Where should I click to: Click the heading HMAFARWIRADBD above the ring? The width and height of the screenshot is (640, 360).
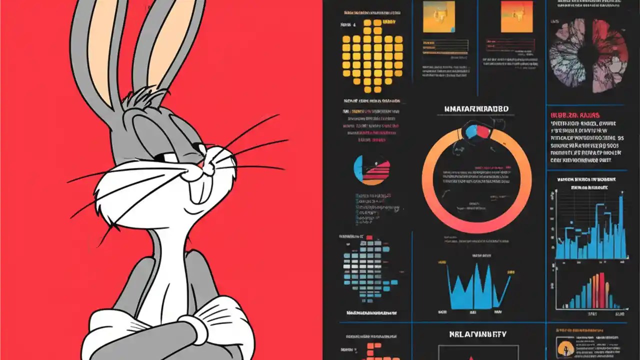pos(476,108)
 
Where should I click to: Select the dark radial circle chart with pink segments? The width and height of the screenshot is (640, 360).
pos(588,55)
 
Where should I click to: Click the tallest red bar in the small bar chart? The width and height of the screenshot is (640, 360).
pos(601,290)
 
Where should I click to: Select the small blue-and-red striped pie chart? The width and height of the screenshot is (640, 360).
pos(371,170)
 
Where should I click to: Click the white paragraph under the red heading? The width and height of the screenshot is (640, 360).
pos(585,142)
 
